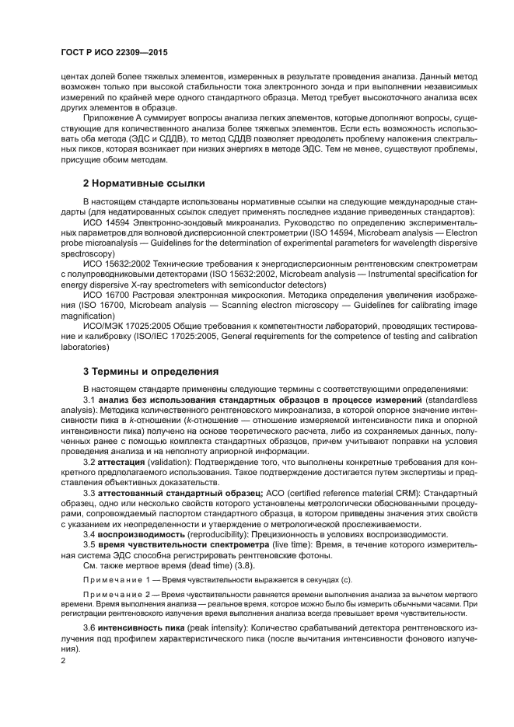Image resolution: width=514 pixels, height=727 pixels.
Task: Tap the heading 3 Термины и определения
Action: pos(151,371)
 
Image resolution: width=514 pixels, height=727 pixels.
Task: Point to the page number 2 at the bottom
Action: pos(64,660)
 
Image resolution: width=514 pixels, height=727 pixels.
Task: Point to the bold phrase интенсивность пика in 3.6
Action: pos(140,627)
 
